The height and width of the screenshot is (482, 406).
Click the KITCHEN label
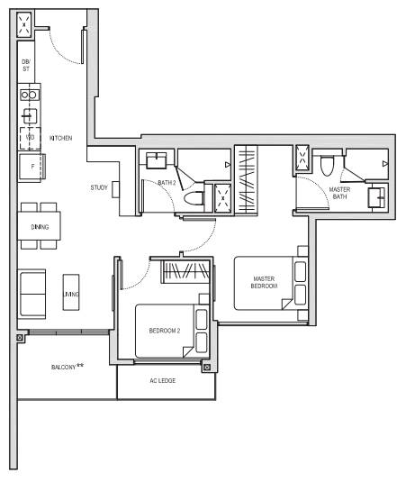pos(61,138)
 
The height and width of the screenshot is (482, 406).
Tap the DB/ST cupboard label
pos(26,65)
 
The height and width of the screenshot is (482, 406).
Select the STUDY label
pos(99,187)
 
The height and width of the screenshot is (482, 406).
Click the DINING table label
pos(40,227)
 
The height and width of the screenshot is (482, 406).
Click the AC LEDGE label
pos(162,380)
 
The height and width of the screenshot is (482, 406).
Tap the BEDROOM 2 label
pos(165,331)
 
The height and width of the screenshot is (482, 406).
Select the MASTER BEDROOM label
pos(264,282)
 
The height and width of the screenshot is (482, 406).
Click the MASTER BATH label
pos(339,193)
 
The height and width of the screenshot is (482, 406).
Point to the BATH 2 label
pos(167,183)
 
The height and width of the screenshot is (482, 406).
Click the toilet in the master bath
pos(327,166)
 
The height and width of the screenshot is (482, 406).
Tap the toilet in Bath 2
pos(194,197)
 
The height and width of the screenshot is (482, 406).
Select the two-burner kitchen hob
pos(30,95)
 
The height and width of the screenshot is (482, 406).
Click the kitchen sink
pos(30,116)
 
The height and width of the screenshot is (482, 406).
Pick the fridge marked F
pos(32,167)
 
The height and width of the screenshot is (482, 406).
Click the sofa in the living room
pos(32,294)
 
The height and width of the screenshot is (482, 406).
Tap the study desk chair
pos(115,189)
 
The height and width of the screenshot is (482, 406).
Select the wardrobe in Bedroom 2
pos(186,272)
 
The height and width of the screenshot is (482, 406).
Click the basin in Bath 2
pos(157,160)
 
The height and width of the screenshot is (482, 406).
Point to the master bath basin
pos(376,197)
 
